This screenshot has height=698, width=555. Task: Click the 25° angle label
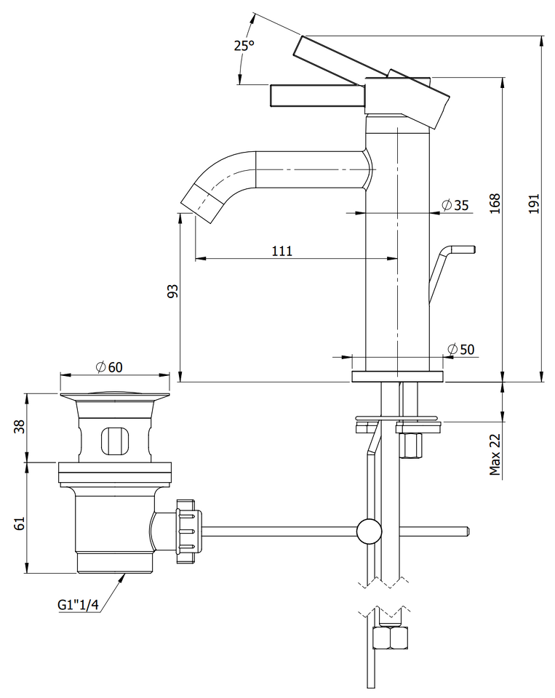pos(244,46)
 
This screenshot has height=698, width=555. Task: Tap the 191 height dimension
pos(534,204)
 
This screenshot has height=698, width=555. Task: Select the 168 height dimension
pos(495,204)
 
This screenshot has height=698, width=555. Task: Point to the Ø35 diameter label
pos(455,205)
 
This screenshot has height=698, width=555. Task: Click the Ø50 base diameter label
pos(460,350)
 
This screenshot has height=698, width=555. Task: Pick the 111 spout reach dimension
pos(282,251)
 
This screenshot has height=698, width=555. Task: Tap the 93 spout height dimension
pos(172,291)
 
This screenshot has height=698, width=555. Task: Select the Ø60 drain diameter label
pos(109,367)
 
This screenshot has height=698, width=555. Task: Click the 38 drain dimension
pos(20,427)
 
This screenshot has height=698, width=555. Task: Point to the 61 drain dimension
pos(20,523)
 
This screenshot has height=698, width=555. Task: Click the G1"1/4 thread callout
pos(78,605)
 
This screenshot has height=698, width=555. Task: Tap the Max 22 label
pos(495,454)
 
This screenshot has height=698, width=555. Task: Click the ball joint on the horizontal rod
pos(370,531)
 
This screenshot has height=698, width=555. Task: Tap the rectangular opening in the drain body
pos(118,441)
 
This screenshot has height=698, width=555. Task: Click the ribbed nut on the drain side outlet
pos(189,531)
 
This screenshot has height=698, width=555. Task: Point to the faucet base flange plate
pos(398,376)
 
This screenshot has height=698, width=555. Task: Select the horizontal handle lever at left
pos(318,96)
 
